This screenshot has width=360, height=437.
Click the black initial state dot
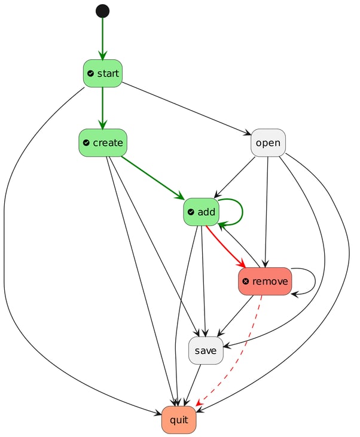click(x=102, y=11)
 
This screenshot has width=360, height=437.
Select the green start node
click(x=102, y=74)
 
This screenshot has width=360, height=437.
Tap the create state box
click(x=102, y=143)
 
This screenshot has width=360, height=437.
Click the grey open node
click(x=268, y=143)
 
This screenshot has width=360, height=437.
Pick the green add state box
click(x=202, y=212)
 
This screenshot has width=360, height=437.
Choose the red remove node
click(x=264, y=281)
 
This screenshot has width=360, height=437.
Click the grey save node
click(x=206, y=350)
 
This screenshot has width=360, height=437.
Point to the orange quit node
click(x=178, y=420)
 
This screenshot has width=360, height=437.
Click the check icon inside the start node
click(x=90, y=74)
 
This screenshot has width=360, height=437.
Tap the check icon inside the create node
click(x=86, y=143)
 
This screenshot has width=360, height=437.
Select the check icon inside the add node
click(x=191, y=212)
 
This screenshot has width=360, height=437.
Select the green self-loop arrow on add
click(x=240, y=212)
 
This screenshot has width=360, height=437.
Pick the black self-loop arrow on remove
click(x=315, y=281)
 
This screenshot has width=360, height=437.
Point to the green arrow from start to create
click(x=102, y=108)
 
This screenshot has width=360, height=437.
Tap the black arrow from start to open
click(x=185, y=108)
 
